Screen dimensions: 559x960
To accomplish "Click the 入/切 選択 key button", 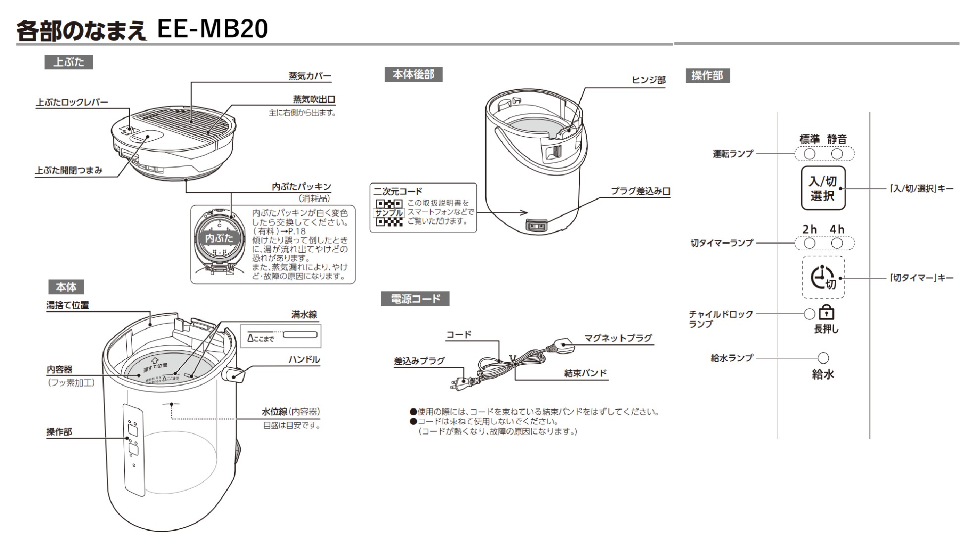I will tap(823, 188).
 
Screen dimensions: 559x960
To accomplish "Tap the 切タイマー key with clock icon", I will tap(823, 278).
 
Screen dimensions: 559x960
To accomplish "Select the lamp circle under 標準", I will tap(809, 154).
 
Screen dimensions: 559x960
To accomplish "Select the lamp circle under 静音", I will tap(837, 154).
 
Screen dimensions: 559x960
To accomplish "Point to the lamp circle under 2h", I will tap(809, 243).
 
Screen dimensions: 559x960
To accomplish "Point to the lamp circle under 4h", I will tap(837, 243).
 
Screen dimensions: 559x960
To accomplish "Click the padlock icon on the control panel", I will tap(826, 313).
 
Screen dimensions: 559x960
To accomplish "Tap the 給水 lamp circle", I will tap(823, 358).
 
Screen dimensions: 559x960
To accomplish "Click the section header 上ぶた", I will tap(69, 62).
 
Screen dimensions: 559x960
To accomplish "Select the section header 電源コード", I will tap(415, 299).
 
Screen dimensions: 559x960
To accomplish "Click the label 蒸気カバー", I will tap(309, 76).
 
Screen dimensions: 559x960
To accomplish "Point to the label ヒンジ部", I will tap(649, 80).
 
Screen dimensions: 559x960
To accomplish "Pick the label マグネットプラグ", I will tap(618, 338).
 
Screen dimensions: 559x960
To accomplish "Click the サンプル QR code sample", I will tap(389, 213).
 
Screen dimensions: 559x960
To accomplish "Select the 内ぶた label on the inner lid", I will tap(218, 238).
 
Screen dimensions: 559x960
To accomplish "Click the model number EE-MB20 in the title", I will tap(212, 29).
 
